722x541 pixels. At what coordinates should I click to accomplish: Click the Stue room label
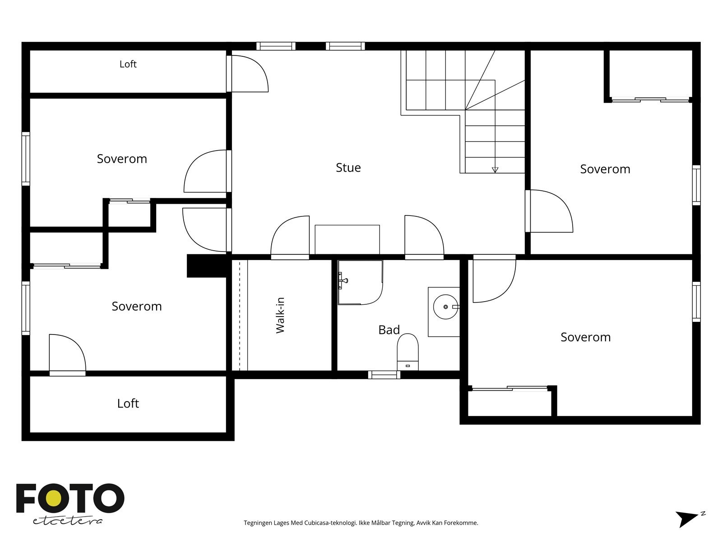pos(348,168)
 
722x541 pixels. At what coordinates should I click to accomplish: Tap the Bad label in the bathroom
pos(389,330)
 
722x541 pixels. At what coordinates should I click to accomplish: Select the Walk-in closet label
pos(280,315)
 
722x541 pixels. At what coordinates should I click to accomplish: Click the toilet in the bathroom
pos(407,352)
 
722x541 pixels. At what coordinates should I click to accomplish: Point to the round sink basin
pos(445,307)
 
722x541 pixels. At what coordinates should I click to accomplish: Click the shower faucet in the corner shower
pos(343,280)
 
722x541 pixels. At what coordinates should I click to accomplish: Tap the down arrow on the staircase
pos(495,170)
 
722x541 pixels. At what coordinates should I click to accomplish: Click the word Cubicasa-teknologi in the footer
pos(330,523)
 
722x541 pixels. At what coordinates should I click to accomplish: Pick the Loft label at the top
pos(128,64)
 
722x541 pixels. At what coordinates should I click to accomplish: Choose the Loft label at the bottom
pos(128,403)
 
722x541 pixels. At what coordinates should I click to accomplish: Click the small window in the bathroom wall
pos(384,375)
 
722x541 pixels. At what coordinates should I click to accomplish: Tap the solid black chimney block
pos(207,266)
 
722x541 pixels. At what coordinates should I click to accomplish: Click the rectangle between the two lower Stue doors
pos(347,240)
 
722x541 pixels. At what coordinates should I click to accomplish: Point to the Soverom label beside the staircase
pos(605,169)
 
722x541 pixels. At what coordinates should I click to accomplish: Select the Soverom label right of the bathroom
pos(585,337)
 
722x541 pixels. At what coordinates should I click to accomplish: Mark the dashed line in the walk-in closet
pos(240,315)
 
